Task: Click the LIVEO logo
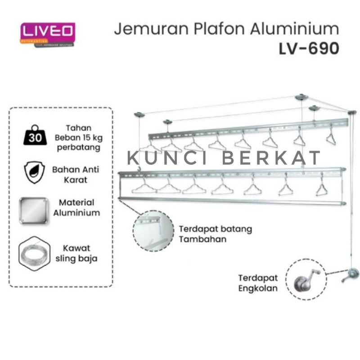pos(47,33)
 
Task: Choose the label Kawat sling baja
pos(76,253)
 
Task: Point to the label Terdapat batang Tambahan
pos(215,234)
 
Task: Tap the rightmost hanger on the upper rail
pos(331,137)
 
